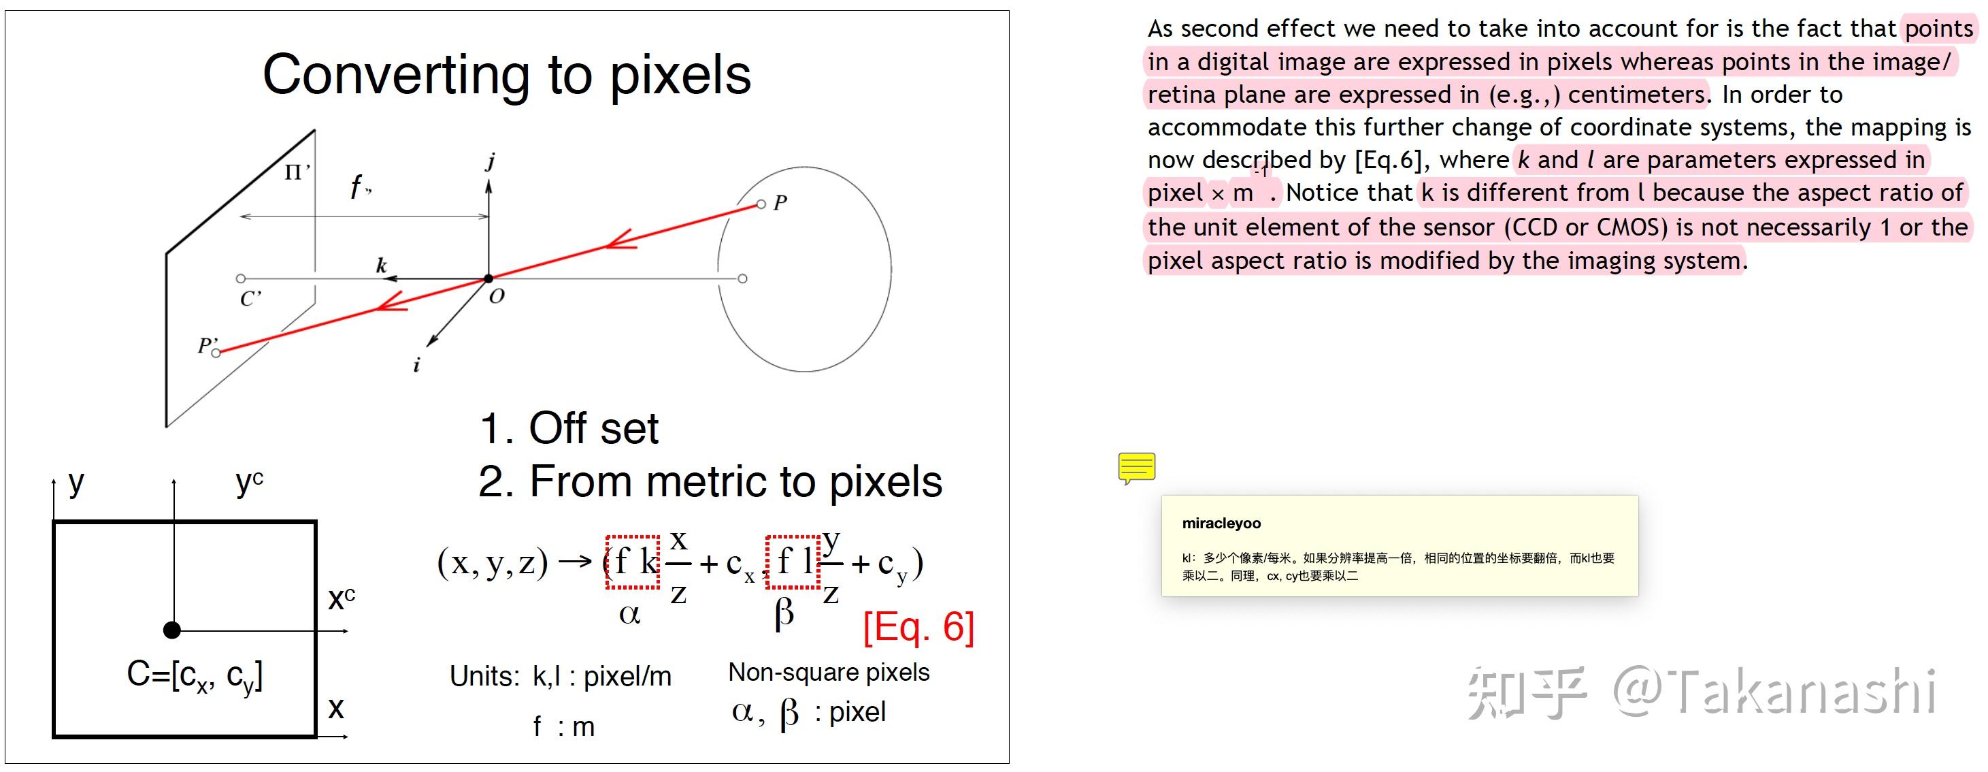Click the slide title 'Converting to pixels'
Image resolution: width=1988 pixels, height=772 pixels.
pyautogui.click(x=506, y=75)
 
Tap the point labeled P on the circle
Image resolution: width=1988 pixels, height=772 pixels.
pyautogui.click(x=761, y=204)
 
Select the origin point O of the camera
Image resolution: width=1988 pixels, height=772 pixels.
pyautogui.click(x=488, y=278)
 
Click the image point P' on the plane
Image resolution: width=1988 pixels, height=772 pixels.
pyautogui.click(x=216, y=353)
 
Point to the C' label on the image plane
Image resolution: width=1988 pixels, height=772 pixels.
pyautogui.click(x=251, y=298)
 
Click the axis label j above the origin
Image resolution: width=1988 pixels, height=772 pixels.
pyautogui.click(x=490, y=161)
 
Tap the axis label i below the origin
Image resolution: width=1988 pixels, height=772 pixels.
pyautogui.click(x=417, y=364)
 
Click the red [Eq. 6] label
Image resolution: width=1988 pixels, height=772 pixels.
pyautogui.click(x=918, y=626)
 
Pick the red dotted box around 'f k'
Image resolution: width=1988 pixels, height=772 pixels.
pyautogui.click(x=632, y=562)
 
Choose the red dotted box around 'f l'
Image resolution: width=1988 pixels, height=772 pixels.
pyautogui.click(x=793, y=562)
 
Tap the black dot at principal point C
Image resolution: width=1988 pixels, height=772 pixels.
pyautogui.click(x=172, y=630)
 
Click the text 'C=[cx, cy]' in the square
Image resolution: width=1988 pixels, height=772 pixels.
pyautogui.click(x=195, y=676)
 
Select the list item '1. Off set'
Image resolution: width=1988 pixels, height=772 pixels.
pyautogui.click(x=569, y=428)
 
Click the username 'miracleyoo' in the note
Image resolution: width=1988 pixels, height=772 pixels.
pyautogui.click(x=1221, y=524)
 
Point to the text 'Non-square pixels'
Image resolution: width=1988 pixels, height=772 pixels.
pyautogui.click(x=829, y=673)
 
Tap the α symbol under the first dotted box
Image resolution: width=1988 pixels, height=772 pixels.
pyautogui.click(x=630, y=615)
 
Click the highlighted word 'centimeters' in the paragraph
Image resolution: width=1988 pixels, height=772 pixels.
pyautogui.click(x=1636, y=94)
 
